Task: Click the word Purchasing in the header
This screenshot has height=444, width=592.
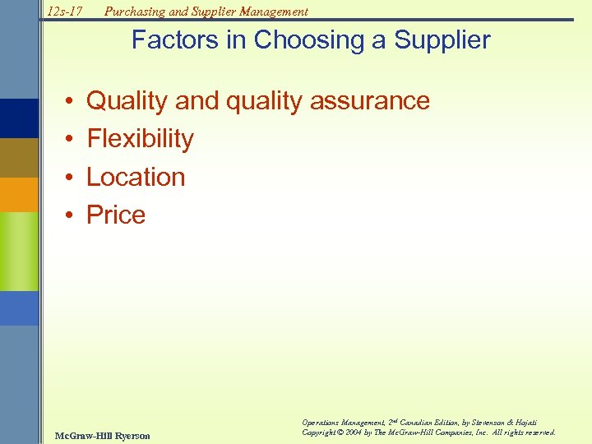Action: (x=134, y=12)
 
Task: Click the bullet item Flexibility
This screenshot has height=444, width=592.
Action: (x=140, y=139)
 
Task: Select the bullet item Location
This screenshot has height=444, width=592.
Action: (x=136, y=177)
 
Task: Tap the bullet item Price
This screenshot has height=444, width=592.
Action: (x=116, y=215)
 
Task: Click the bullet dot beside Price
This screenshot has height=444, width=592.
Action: (x=72, y=215)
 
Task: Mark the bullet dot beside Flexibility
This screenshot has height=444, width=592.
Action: (x=72, y=140)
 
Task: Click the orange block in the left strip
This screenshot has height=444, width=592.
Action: (x=19, y=195)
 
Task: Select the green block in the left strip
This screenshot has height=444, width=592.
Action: (x=19, y=251)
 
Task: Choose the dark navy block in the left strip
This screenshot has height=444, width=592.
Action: (x=19, y=118)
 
